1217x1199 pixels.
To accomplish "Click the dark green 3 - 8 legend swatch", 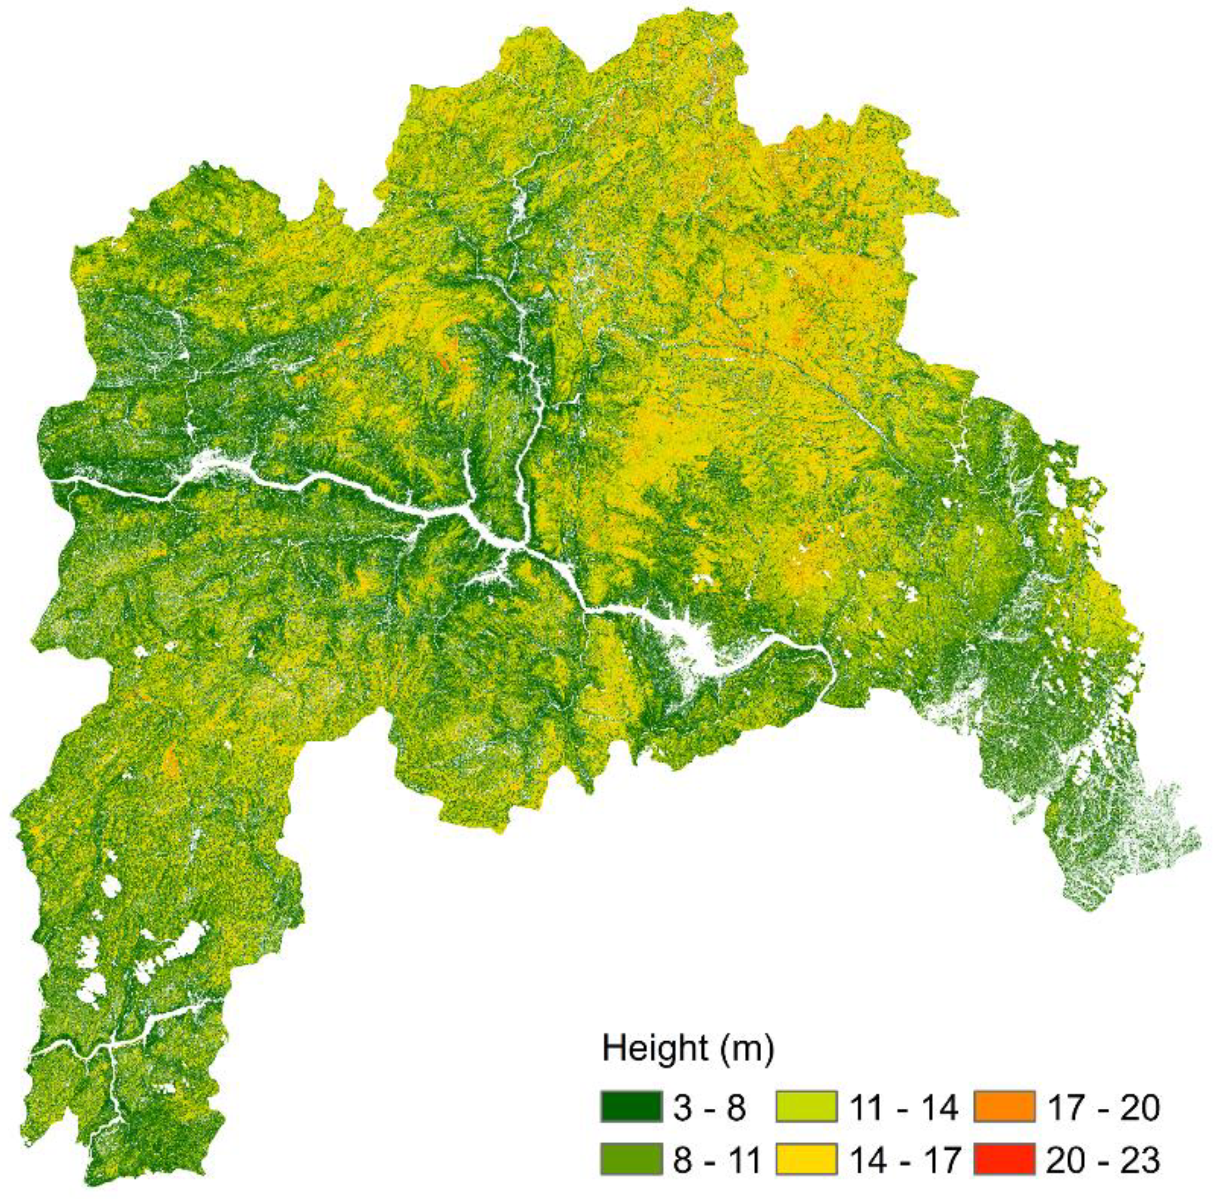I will tap(631, 1107).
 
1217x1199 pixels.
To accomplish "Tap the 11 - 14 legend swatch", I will tap(806, 1107).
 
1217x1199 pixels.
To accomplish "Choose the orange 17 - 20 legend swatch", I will tap(1004, 1107).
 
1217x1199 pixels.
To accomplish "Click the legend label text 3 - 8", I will tap(709, 1107).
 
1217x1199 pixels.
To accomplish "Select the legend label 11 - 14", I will tap(903, 1107).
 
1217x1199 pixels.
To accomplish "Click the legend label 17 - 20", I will tap(1102, 1107).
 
